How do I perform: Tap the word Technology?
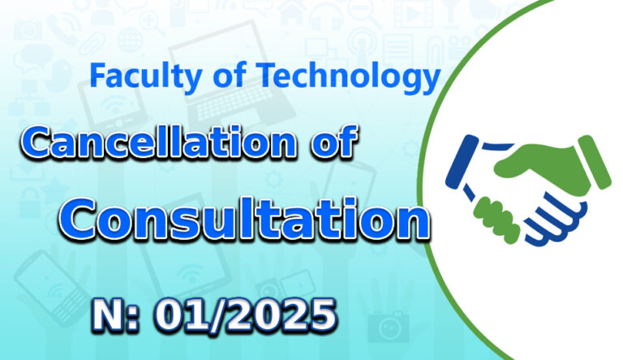pos(348,78)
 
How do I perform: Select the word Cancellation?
pos(159,141)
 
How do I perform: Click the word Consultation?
pos(245,219)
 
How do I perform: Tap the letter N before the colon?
pos(110,315)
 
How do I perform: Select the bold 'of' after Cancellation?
pos(334,141)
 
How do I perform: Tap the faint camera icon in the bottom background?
pos(388,327)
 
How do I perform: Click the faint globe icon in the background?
pos(130,40)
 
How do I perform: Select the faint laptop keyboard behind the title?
pos(235,101)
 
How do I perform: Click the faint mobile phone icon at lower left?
pos(53,287)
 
